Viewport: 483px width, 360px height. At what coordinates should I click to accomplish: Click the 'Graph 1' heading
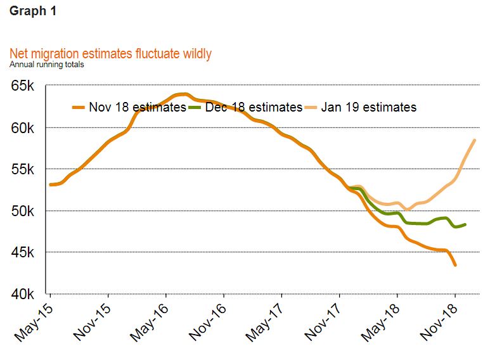33,11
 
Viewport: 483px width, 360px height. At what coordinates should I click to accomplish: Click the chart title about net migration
110,54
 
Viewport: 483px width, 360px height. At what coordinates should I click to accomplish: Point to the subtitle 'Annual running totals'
46,64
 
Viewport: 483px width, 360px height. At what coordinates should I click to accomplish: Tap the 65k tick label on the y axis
27,86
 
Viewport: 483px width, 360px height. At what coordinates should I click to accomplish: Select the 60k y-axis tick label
27,127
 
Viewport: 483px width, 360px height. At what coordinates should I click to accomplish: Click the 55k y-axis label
27,169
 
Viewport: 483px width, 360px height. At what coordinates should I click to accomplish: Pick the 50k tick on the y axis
27,210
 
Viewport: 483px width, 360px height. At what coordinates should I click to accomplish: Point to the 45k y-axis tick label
27,252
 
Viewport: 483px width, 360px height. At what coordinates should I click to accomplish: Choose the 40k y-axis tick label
27,294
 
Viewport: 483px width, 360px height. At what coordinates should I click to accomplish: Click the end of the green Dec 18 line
466,224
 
